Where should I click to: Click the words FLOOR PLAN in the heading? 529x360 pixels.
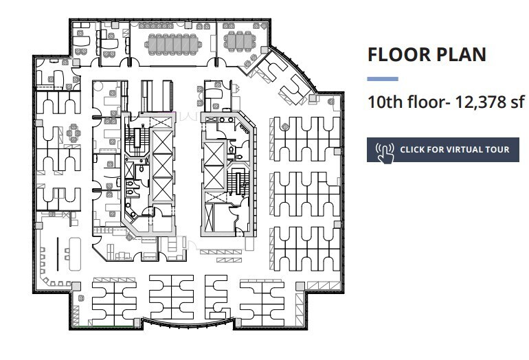[x=427, y=55]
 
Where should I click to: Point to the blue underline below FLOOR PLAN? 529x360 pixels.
[x=382, y=79]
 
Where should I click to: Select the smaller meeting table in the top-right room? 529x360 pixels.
[x=239, y=42]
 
